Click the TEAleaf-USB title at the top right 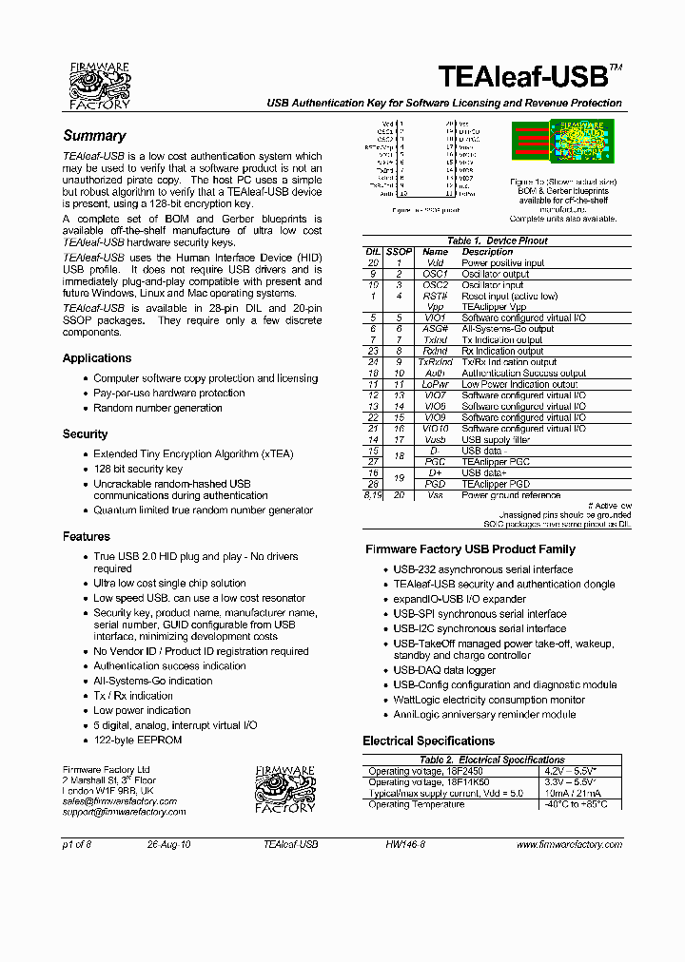point(529,76)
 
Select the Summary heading point(94,136)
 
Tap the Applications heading point(97,358)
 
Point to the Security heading point(85,434)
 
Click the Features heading point(86,537)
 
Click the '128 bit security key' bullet point(138,469)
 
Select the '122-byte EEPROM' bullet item point(137,740)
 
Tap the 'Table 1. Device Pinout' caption point(497,241)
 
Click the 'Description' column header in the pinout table point(487,252)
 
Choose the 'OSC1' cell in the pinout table point(435,274)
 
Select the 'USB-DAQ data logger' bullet point(444,670)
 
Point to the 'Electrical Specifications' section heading point(428,741)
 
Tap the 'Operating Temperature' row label point(417,804)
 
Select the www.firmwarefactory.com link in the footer point(569,844)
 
